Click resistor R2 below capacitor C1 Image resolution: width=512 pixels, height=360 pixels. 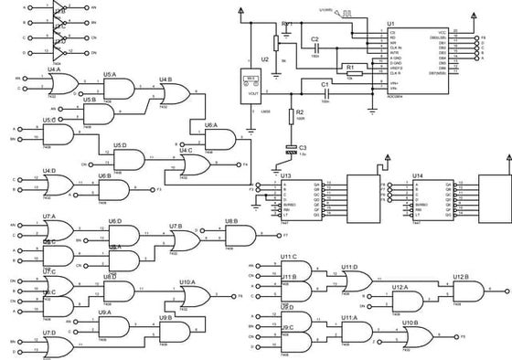(x=293, y=116)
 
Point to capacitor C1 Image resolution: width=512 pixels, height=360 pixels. (x=324, y=91)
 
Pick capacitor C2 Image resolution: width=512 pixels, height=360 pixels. (x=315, y=48)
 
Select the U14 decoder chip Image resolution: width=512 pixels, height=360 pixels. (x=431, y=199)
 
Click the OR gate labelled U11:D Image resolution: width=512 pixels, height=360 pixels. (x=356, y=281)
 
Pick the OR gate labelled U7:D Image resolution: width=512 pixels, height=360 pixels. (x=60, y=347)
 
